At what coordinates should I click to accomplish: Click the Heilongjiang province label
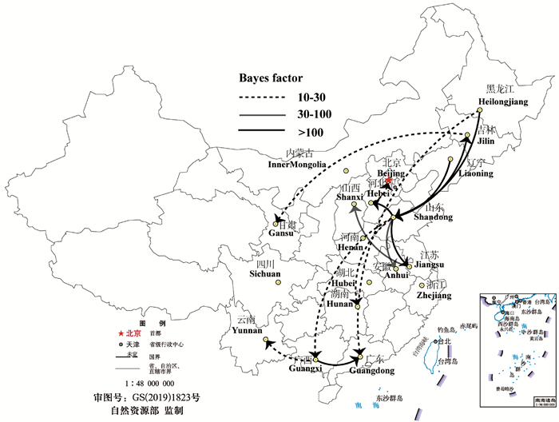point(503,102)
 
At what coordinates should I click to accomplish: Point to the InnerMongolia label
point(297,165)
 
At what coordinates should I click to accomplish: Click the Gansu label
point(280,235)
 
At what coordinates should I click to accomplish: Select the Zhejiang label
point(434,295)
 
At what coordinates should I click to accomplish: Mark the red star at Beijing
point(388,181)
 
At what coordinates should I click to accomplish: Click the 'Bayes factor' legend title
point(272,78)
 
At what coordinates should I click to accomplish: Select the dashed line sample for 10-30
point(262,96)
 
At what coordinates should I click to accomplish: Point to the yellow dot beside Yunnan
point(264,341)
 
